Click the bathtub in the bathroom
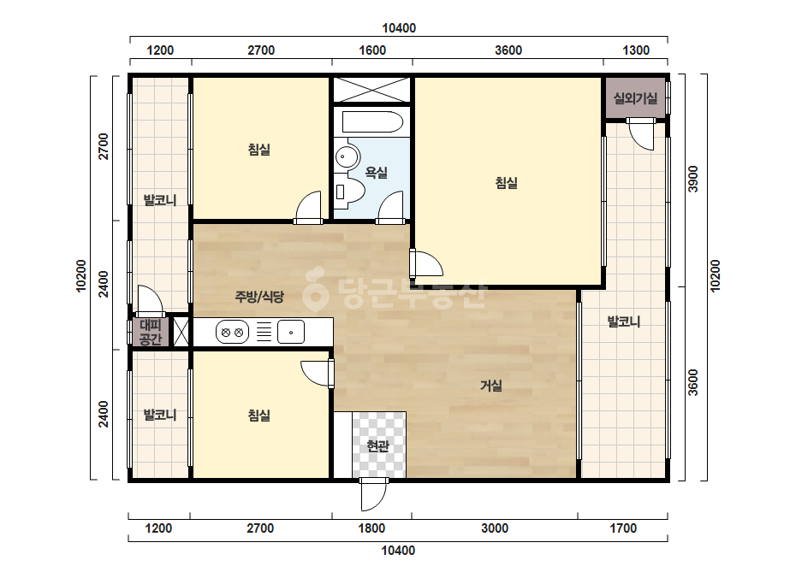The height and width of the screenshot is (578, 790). (x=372, y=122)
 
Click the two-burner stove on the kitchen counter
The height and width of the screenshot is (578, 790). (x=232, y=332)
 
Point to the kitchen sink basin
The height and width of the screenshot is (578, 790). (x=291, y=332)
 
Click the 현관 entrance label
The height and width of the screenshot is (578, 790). (x=377, y=445)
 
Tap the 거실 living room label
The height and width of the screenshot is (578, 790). (x=491, y=386)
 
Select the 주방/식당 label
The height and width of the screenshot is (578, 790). (x=259, y=297)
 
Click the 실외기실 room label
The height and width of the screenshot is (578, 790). (x=635, y=98)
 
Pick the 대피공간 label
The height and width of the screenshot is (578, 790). (x=150, y=332)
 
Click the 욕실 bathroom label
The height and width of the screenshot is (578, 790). (x=377, y=173)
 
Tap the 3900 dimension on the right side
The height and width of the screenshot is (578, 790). (x=693, y=179)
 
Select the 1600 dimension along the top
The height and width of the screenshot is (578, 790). (x=372, y=50)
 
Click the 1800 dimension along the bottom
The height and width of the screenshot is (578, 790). (x=371, y=528)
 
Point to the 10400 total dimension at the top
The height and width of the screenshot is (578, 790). (x=399, y=28)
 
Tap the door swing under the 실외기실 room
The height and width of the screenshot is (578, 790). (x=641, y=133)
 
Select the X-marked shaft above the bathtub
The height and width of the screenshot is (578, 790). (x=371, y=90)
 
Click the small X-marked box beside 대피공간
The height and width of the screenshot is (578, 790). (x=181, y=332)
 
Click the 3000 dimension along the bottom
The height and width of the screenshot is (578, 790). (x=495, y=528)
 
